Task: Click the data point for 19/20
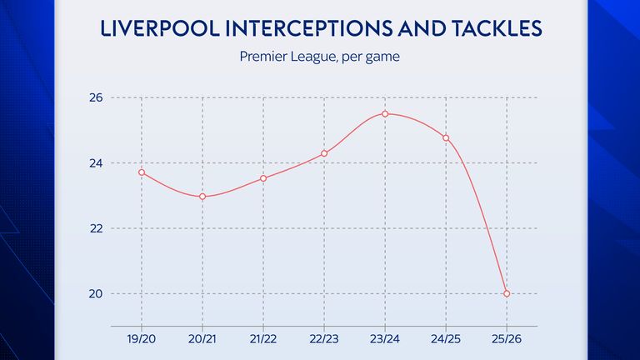click(142, 172)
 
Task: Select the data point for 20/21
click(202, 197)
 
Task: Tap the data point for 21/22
click(263, 178)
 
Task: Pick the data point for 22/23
click(324, 153)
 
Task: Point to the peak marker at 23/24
click(385, 114)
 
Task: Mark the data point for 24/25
click(446, 137)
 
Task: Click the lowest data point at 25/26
click(507, 293)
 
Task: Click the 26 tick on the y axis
click(96, 98)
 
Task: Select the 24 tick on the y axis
click(96, 163)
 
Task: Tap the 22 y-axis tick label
click(96, 228)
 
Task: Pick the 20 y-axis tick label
click(96, 293)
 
